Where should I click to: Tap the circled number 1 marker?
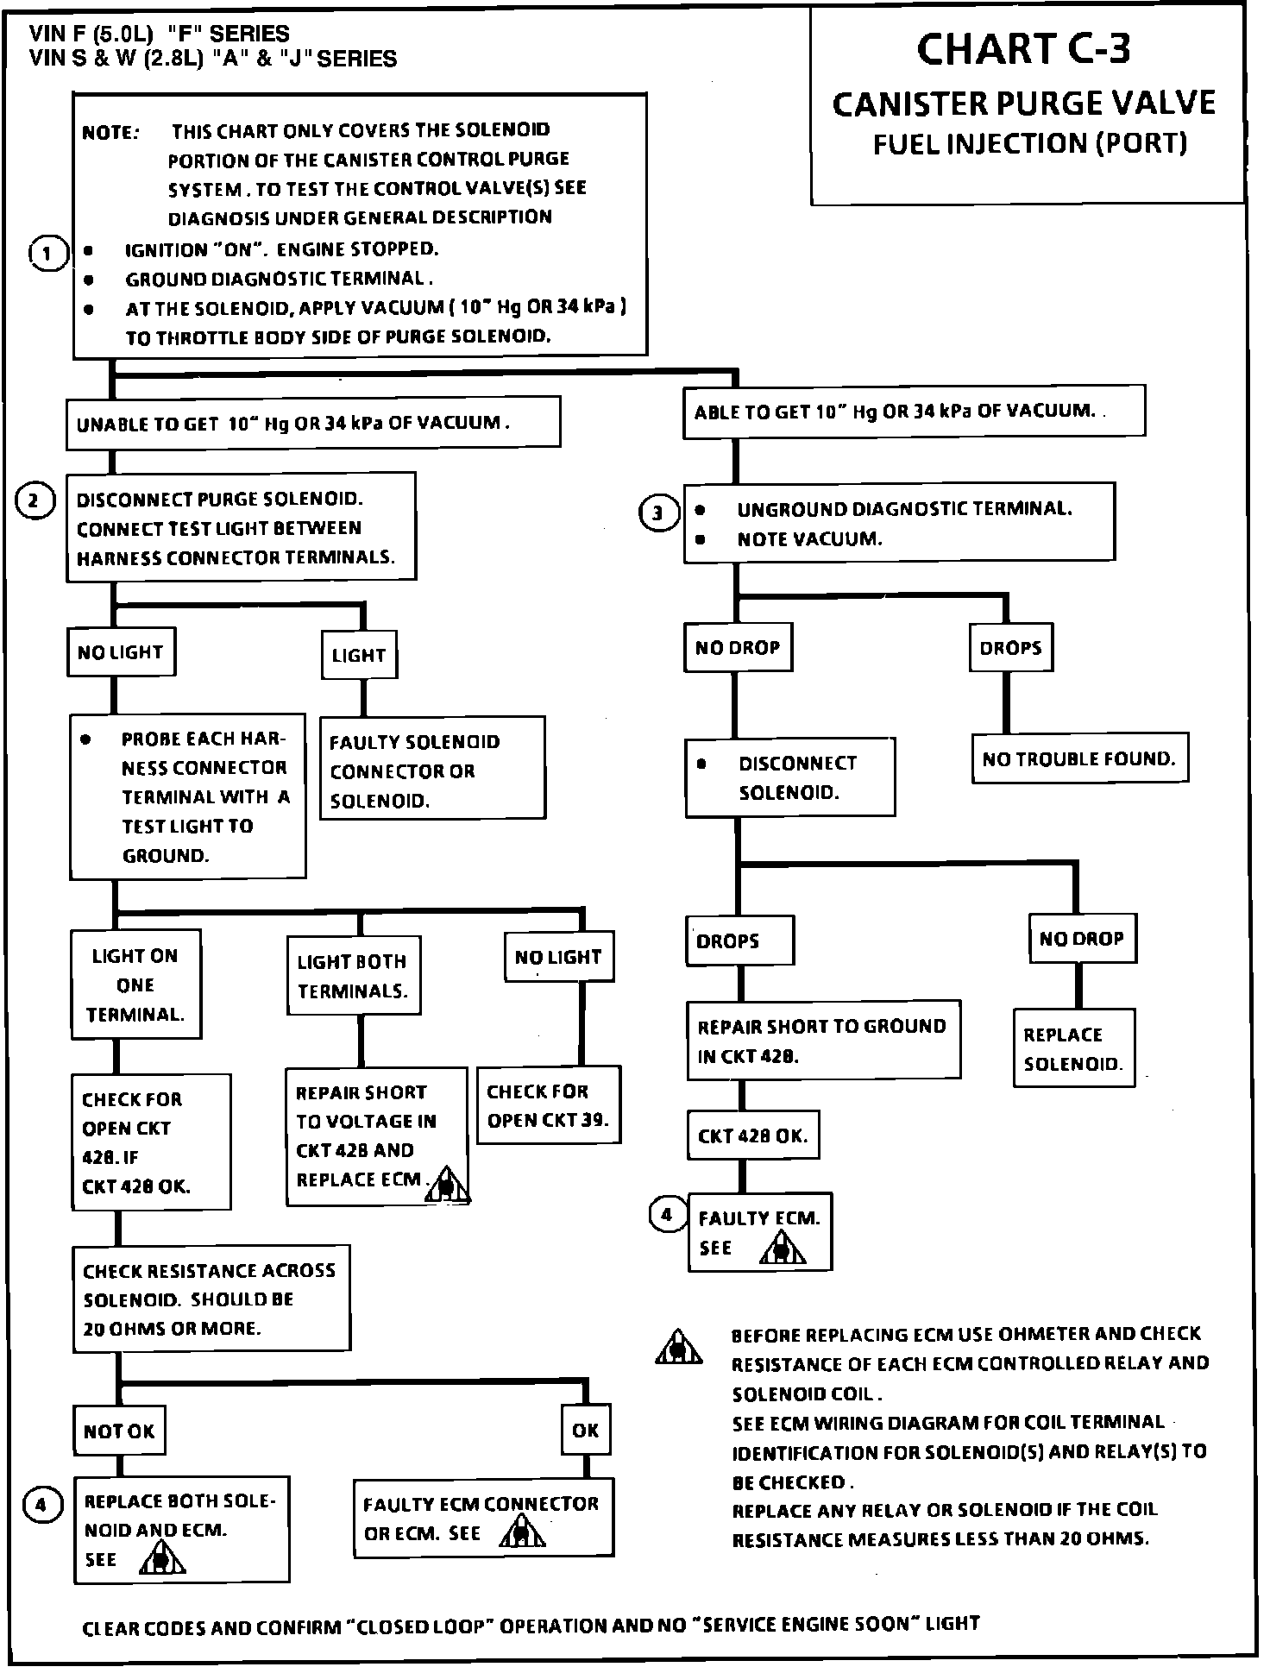tap(47, 254)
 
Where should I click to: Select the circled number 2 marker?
tap(35, 500)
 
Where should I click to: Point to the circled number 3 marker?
tap(658, 513)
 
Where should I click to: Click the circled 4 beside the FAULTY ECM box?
tap(667, 1215)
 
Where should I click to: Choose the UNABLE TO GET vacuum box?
tap(313, 423)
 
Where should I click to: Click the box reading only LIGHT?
tap(358, 655)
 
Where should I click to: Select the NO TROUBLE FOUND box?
tap(1078, 758)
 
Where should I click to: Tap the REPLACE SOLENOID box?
tap(1073, 1048)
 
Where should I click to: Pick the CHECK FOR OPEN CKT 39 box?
tap(548, 1105)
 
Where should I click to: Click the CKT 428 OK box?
tap(752, 1135)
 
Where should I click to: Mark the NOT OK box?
tap(119, 1431)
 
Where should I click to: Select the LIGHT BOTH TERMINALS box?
tap(353, 976)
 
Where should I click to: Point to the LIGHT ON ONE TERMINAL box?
tap(135, 984)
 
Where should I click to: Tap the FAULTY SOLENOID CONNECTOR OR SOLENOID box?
tap(432, 771)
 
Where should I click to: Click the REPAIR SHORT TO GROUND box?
tap(823, 1041)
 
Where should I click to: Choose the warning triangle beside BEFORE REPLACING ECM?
tap(679, 1347)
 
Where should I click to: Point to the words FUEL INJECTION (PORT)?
tap(1030, 143)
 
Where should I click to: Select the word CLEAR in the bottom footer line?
tap(110, 1628)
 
